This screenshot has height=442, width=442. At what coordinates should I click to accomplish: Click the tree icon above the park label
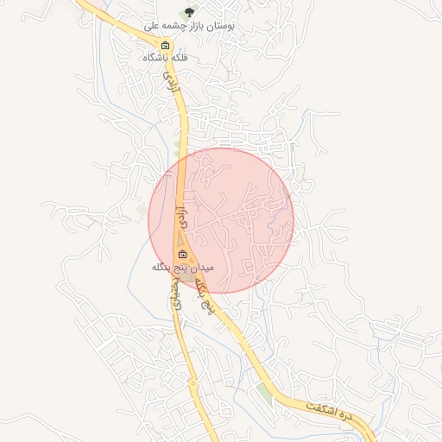pos(189,11)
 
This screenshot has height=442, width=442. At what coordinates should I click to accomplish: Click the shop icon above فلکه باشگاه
pos(165,45)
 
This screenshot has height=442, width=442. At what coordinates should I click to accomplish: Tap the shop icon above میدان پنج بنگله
pos(182,254)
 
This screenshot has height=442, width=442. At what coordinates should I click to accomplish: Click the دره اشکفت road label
pos(329,411)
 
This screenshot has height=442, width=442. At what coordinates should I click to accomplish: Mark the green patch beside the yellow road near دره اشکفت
pos(263,393)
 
